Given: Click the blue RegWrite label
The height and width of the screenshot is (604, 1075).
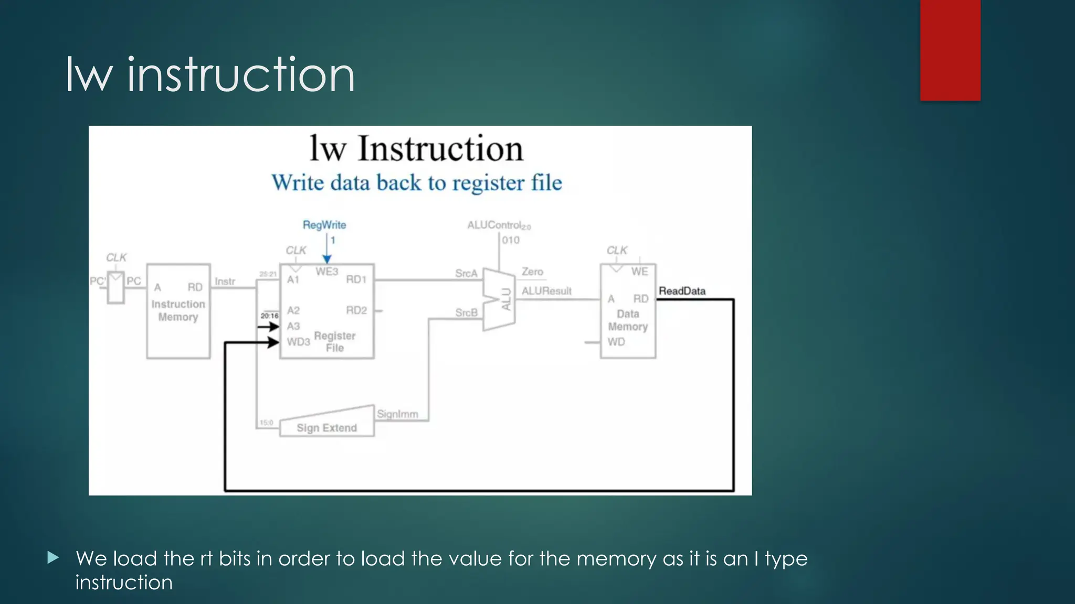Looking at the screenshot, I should tap(324, 225).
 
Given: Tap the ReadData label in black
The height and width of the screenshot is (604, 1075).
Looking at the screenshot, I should tap(682, 291).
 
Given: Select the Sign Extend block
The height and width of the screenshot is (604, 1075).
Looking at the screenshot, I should tap(326, 427).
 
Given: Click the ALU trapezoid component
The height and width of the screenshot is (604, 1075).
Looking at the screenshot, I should tap(499, 300).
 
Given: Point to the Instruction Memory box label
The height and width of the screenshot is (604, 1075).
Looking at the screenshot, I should tap(178, 310).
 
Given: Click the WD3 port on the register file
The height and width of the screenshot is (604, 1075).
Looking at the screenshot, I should tap(298, 342).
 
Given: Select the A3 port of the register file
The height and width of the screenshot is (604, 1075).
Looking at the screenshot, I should tap(293, 326).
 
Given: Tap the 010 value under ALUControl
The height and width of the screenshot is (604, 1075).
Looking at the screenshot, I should tap(510, 240).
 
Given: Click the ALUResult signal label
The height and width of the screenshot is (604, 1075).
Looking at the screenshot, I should tap(546, 291).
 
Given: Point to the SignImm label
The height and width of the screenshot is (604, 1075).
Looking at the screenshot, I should tap(397, 414).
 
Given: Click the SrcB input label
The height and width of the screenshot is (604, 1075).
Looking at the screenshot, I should tap(466, 312).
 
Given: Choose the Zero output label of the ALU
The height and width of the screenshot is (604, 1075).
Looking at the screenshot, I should tap(532, 272).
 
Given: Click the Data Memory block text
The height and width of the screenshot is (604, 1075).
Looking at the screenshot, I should tap(628, 320).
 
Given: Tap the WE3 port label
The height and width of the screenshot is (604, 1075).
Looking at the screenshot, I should tap(326, 272).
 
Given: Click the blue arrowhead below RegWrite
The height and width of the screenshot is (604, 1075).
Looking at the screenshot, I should tap(327, 259).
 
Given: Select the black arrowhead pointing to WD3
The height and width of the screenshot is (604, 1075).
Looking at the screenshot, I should tap(273, 342).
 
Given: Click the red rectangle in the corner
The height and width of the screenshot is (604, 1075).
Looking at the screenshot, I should tap(950, 50).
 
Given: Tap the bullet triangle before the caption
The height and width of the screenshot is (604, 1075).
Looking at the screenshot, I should tap(52, 557).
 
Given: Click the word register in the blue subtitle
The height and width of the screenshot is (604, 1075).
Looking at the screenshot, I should tap(488, 183).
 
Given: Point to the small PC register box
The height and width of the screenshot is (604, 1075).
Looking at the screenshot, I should tap(116, 287).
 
